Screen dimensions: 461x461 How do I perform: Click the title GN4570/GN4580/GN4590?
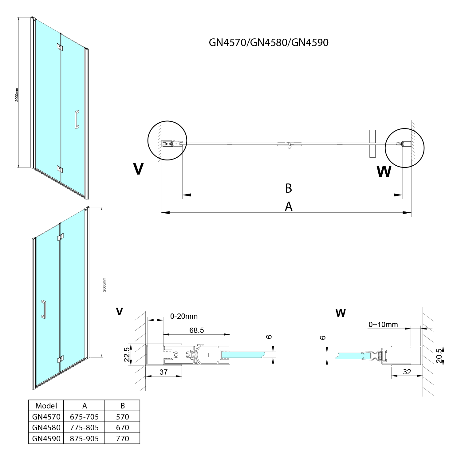point(269,42)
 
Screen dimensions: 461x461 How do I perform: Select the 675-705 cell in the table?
point(84,417)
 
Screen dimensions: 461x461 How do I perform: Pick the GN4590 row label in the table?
point(46,438)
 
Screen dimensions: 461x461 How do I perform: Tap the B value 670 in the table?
point(123,428)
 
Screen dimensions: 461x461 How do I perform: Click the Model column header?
point(46,406)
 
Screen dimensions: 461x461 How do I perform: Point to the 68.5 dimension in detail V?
point(197,330)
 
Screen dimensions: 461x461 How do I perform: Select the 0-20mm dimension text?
point(184,316)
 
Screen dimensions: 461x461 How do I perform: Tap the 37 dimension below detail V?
point(164,372)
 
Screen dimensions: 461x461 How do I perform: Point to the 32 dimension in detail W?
point(407,372)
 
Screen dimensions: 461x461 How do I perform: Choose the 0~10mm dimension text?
point(383,325)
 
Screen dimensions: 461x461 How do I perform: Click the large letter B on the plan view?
point(288,188)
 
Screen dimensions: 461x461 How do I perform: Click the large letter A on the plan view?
point(289,207)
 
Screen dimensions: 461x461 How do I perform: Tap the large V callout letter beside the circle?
point(139,169)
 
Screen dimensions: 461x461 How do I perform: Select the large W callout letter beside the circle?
point(384,171)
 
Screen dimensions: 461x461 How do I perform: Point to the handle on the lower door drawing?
point(43,309)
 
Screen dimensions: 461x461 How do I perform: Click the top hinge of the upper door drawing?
point(60,47)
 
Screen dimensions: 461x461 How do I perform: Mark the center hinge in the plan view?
point(289,144)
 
